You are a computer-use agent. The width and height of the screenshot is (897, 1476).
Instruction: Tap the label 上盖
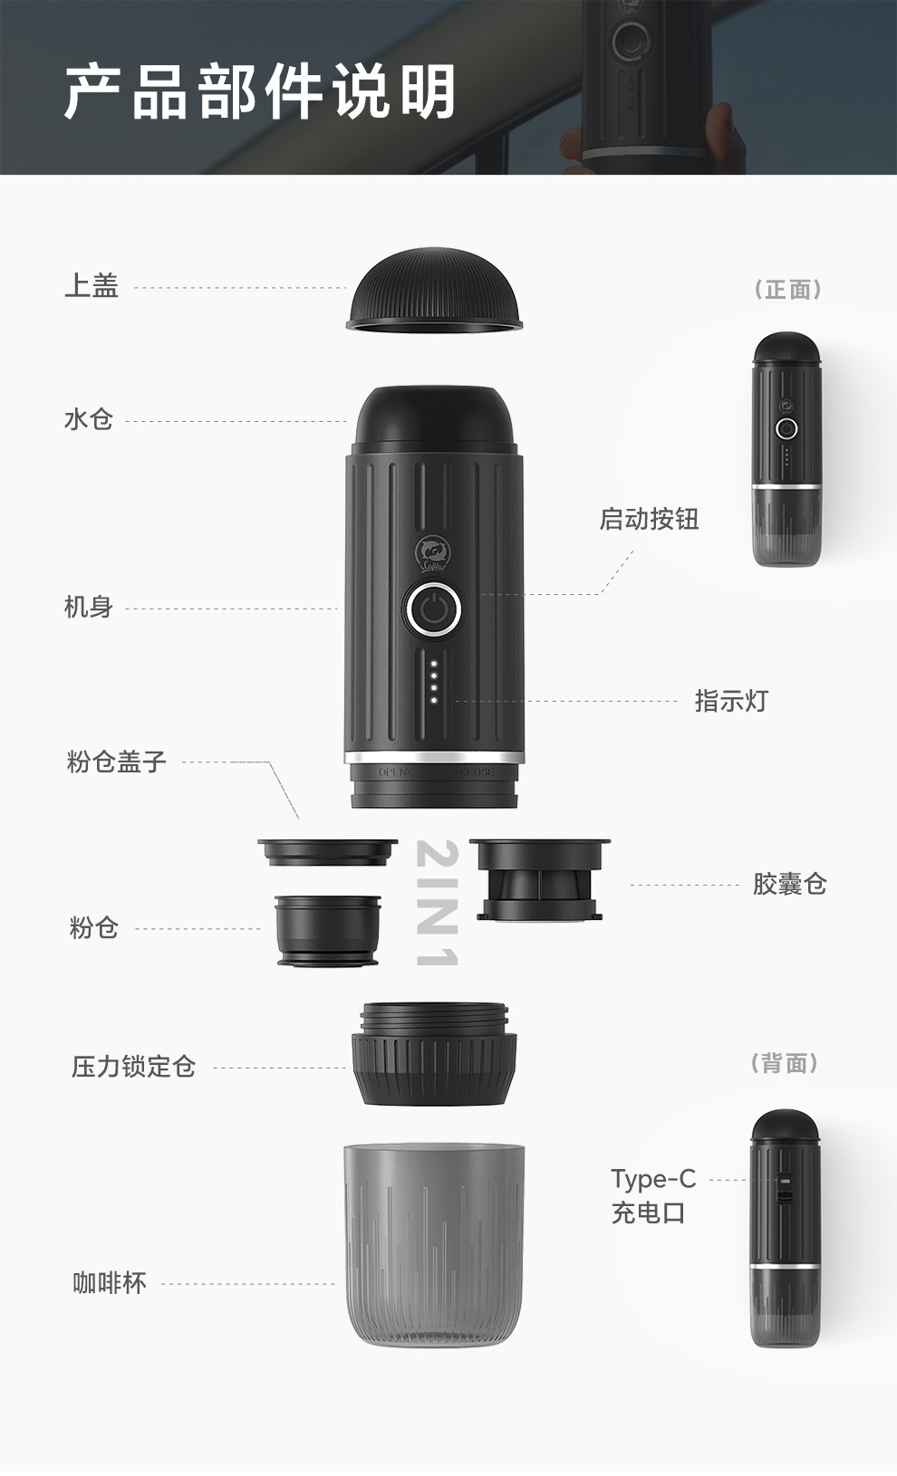coord(92,286)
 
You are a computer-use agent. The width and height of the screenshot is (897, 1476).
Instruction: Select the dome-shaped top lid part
coord(434,290)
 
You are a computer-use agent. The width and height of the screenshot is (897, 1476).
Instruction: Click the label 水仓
coord(89,419)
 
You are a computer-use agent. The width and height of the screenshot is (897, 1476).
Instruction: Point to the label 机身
coord(89,607)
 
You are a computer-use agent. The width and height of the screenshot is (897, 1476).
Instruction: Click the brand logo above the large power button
coord(432,553)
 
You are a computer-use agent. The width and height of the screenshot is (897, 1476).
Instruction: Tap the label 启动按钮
coord(649,519)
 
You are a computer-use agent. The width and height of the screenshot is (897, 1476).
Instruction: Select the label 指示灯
coord(731,701)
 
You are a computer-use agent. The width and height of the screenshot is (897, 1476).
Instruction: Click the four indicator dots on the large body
coord(433,682)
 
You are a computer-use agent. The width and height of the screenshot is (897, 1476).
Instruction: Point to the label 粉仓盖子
coord(116,761)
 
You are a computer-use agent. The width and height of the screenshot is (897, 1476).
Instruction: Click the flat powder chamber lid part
coord(328,851)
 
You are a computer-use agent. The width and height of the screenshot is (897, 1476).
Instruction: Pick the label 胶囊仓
coord(789,884)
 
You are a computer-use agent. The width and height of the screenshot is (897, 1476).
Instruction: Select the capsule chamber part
coord(539,879)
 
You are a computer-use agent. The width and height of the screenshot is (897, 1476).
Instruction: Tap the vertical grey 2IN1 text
coord(437,903)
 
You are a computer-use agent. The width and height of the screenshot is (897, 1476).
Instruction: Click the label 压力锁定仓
coord(133,1066)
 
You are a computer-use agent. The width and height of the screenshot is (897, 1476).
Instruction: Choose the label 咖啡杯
coord(110,1283)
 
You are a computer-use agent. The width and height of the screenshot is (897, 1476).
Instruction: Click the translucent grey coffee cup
coord(434,1245)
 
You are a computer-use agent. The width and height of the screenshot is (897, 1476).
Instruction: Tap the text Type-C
coord(653,1180)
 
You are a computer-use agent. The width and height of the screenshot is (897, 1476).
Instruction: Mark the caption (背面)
coord(785,1063)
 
